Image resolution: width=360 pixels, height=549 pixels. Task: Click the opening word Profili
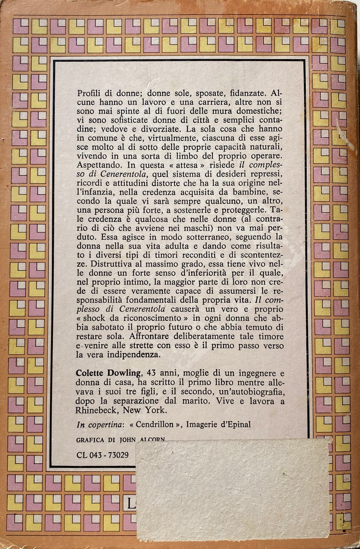(x=88, y=93)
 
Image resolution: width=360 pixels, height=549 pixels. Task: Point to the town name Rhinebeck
(x=97, y=410)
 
